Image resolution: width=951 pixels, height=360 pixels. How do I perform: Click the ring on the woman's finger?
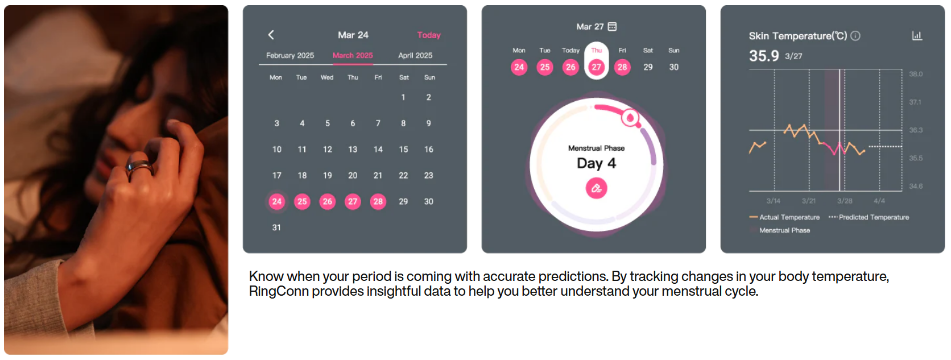pyautogui.click(x=139, y=168)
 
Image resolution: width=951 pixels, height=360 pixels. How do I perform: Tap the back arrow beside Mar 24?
pyautogui.click(x=271, y=35)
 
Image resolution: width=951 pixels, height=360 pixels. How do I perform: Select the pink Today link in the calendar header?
pyautogui.click(x=429, y=35)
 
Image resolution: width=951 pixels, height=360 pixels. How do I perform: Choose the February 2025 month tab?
pyautogui.click(x=290, y=56)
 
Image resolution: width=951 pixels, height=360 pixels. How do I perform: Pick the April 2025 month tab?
pyautogui.click(x=415, y=56)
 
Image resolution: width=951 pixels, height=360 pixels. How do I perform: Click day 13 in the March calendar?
pyautogui.click(x=353, y=150)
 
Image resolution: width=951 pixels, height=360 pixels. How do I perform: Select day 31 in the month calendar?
pyautogui.click(x=276, y=227)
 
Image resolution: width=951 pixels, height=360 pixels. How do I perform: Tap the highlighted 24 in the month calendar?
pyautogui.click(x=277, y=201)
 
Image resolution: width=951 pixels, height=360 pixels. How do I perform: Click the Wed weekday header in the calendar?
pyautogui.click(x=327, y=77)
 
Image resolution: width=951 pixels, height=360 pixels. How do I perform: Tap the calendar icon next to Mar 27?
pyautogui.click(x=612, y=27)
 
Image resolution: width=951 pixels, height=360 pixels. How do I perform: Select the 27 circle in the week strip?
pyautogui.click(x=597, y=67)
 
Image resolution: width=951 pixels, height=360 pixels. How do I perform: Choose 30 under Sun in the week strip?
pyautogui.click(x=674, y=67)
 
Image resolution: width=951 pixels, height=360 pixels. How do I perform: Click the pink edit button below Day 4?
pyautogui.click(x=597, y=188)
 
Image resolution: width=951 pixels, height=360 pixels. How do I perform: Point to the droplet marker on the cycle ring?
pyautogui.click(x=630, y=118)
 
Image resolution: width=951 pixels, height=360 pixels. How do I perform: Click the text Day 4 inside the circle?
pyautogui.click(x=597, y=163)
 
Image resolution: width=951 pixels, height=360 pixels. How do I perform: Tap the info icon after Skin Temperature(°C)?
pyautogui.click(x=855, y=36)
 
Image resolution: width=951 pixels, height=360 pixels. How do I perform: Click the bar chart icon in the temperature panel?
pyautogui.click(x=917, y=36)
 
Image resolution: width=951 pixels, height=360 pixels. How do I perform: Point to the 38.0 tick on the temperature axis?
pyautogui.click(x=916, y=74)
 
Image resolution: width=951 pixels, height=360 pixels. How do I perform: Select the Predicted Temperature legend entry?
pyautogui.click(x=869, y=217)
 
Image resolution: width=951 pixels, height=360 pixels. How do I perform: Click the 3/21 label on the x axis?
pyautogui.click(x=809, y=201)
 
